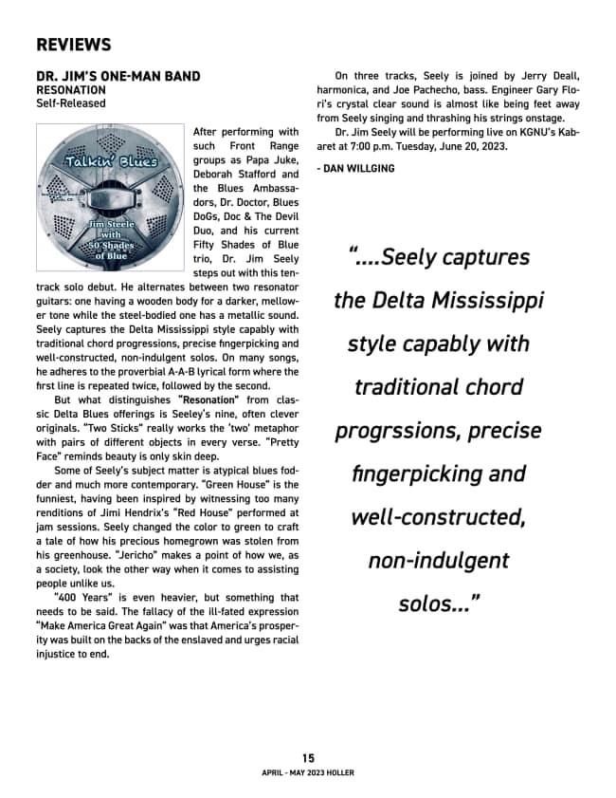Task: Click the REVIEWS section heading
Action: [x=73, y=45]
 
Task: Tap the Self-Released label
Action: [x=71, y=102]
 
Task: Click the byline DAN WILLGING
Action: [x=354, y=168]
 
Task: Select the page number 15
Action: [x=308, y=757]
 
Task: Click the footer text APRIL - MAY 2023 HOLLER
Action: [x=308, y=773]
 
